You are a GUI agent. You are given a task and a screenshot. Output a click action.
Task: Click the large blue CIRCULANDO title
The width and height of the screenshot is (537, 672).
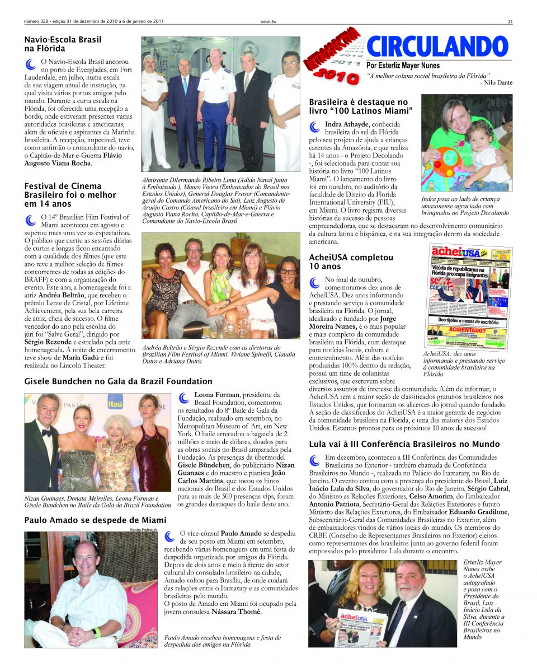pos(437,46)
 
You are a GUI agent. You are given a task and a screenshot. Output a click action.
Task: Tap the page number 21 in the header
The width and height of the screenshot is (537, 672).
pos(510,22)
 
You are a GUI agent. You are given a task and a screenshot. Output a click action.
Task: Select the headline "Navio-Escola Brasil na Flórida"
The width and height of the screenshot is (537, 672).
pos(63,44)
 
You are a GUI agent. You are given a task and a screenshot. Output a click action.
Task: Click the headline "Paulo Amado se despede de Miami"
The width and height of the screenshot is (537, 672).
pos(95,520)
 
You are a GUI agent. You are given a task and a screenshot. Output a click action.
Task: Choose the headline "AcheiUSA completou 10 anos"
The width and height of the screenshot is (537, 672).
pos(351,262)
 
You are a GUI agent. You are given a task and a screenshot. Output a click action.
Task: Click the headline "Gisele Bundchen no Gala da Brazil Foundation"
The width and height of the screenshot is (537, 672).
pos(118,381)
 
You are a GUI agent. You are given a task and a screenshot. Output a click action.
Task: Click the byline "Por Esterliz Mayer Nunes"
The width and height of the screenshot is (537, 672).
pos(403,66)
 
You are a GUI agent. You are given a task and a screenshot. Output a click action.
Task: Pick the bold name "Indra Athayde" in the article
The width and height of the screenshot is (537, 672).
pos(346,123)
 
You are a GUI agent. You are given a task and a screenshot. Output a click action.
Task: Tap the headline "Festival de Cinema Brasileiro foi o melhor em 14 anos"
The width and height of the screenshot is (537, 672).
pos(70,195)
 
